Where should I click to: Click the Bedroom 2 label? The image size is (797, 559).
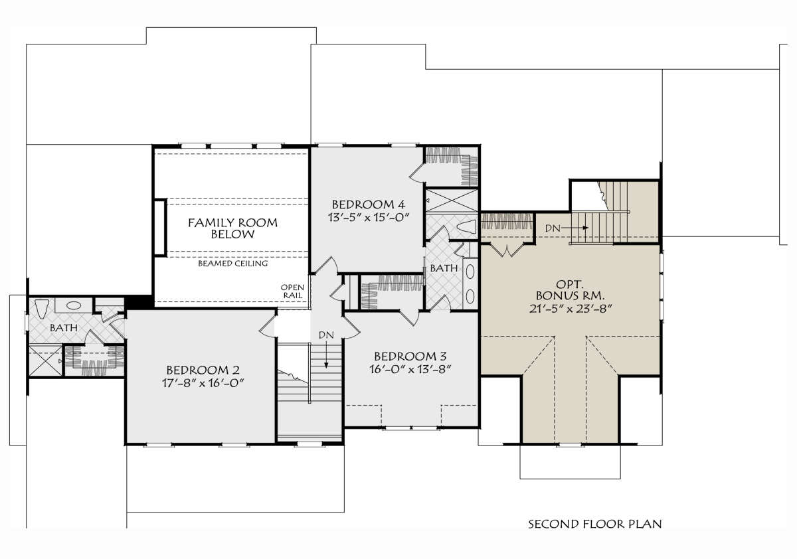pos(203,370)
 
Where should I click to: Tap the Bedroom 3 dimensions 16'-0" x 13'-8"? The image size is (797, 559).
pos(410,370)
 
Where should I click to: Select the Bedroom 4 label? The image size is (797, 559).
pos(368,204)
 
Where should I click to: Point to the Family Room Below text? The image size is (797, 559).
pos(232,228)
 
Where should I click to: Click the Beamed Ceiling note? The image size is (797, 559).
pos(232,264)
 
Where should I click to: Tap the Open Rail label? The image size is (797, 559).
pos(292,291)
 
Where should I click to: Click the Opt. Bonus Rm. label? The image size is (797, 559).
pos(571,290)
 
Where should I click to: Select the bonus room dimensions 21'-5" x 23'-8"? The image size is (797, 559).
pos(571,309)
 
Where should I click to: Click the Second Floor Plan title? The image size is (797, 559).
pos(595,524)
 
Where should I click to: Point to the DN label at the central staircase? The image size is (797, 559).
pos(326,335)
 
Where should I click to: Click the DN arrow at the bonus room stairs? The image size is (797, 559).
pos(580,228)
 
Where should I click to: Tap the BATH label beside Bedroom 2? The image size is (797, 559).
pos(64,327)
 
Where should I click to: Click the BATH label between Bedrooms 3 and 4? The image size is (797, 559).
pos(444,268)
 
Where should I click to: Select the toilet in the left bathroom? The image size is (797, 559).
pos(42,307)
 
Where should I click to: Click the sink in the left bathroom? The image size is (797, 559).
pos(74,305)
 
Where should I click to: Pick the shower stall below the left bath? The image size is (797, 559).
pos(45,360)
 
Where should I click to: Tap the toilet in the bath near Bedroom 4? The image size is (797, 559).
pos(466,227)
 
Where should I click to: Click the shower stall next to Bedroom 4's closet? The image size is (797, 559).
pos(452,200)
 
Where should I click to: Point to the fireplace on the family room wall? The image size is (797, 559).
pos(160,228)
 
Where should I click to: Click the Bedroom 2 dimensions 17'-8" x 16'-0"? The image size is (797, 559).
pos(203,383)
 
